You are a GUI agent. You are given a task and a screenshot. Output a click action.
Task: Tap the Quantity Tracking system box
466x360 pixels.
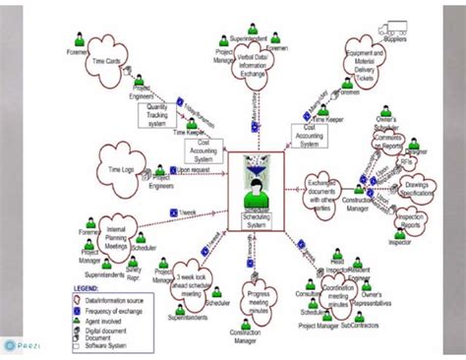click(163, 112)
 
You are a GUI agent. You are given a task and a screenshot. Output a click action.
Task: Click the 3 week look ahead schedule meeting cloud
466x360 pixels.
click(194, 281)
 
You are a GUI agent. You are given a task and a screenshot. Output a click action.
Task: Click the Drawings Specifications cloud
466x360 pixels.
click(421, 189)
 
